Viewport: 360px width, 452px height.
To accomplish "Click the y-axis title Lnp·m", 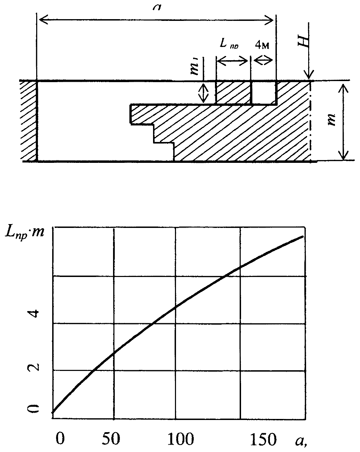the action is pyautogui.click(x=24, y=232).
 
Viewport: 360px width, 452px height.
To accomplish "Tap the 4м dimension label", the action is pyautogui.click(x=263, y=46).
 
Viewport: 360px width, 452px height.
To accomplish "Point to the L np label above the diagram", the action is pyautogui.click(x=229, y=43).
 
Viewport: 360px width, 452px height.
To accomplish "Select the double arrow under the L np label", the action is pyautogui.click(x=233, y=61).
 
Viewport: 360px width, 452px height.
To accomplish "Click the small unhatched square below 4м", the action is pyautogui.click(x=264, y=93).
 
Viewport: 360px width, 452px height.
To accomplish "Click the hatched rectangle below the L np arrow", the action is pyautogui.click(x=233, y=93).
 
